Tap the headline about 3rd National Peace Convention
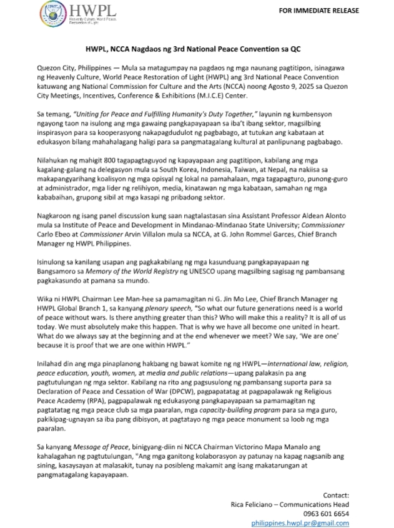[197, 48]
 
